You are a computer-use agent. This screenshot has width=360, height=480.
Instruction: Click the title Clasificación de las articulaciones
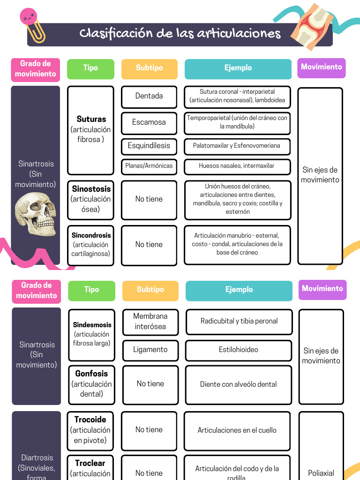click(x=180, y=34)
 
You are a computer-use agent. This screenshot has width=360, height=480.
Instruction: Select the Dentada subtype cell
click(x=149, y=96)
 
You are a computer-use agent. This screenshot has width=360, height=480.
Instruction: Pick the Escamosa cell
click(x=149, y=122)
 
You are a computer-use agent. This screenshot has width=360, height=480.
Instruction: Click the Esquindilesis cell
click(x=149, y=146)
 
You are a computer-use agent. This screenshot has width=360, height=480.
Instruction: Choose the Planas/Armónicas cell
click(x=149, y=165)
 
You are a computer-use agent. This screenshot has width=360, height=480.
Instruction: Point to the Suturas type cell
click(x=91, y=129)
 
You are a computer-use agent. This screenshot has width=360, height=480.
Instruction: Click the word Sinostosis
click(x=91, y=189)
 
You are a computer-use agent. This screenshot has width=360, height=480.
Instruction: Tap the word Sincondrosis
click(x=91, y=235)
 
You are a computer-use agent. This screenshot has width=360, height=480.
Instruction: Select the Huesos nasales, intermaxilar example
click(x=237, y=165)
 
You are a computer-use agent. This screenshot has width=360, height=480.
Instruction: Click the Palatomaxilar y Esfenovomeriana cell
click(x=237, y=146)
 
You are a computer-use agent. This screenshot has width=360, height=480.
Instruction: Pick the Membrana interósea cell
click(x=150, y=322)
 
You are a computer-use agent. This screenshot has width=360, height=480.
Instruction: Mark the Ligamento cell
click(x=150, y=350)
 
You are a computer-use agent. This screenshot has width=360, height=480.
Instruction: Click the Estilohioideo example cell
click(x=238, y=350)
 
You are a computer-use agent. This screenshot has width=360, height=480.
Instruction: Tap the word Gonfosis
click(x=91, y=374)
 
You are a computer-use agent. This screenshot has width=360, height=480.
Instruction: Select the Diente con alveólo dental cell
click(x=238, y=384)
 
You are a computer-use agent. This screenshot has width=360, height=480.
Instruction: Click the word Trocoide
click(x=90, y=420)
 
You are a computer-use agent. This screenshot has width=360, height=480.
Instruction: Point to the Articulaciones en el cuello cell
click(x=237, y=430)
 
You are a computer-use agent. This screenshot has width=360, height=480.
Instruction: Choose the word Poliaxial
click(x=321, y=473)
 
